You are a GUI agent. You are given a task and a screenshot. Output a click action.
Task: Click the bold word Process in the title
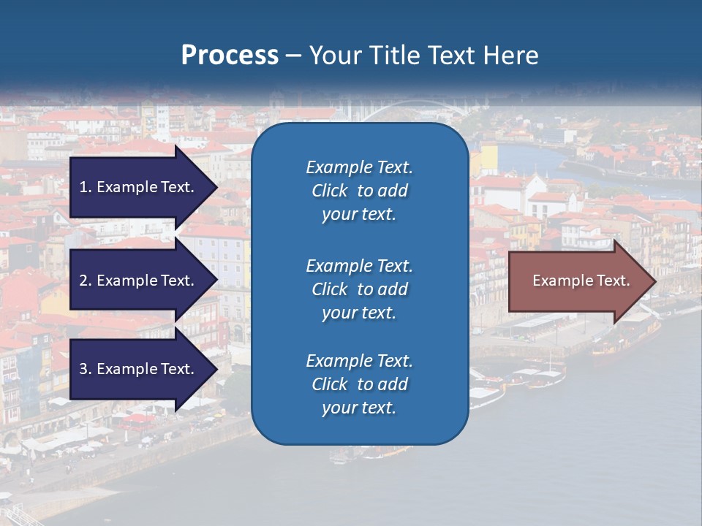[x=230, y=56]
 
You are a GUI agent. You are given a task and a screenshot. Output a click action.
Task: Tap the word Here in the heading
[x=510, y=56]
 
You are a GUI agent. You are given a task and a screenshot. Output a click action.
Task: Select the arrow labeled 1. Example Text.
[x=139, y=187]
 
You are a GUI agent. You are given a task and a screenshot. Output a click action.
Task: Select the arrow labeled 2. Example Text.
[x=139, y=281]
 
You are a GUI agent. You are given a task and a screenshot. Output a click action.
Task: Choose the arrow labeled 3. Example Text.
[x=139, y=369]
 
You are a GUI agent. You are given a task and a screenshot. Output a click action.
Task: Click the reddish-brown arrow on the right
[x=578, y=281]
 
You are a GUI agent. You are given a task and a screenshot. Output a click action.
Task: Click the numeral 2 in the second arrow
[x=83, y=281]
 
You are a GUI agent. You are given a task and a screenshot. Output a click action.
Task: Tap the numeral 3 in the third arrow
[x=83, y=369]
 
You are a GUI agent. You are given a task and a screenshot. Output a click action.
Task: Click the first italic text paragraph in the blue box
[x=359, y=191]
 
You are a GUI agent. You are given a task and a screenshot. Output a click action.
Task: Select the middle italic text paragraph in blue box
[x=359, y=289]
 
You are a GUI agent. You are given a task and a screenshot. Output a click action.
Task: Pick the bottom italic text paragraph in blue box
[x=359, y=384]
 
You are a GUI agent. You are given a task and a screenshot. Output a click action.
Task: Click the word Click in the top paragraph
[x=330, y=191]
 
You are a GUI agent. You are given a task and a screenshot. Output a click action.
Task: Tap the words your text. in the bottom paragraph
[x=359, y=408]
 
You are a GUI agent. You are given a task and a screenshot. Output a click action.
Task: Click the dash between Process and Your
[x=293, y=56]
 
